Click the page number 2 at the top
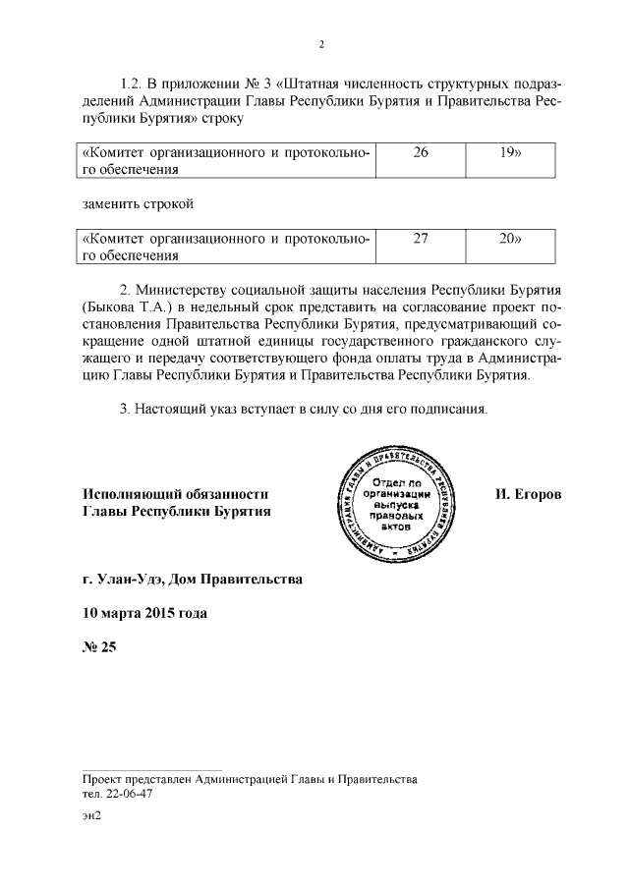pos(321,44)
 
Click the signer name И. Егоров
pos(529,493)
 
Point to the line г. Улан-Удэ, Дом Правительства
pos(193,580)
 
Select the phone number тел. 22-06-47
pos(119,794)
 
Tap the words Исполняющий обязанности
pos(175,493)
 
